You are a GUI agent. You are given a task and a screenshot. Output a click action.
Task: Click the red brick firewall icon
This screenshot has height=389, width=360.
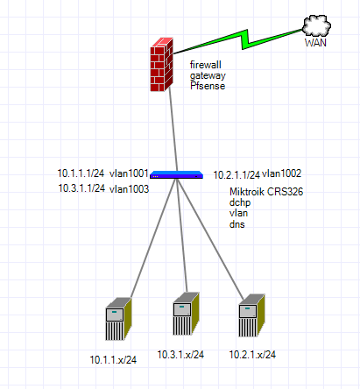tap(162, 65)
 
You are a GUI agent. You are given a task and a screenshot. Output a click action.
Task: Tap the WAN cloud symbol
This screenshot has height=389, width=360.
tap(317, 25)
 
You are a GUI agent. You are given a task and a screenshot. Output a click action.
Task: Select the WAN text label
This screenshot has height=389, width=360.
tap(315, 43)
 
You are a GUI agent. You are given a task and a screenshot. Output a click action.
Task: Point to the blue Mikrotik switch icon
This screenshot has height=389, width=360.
tap(176, 174)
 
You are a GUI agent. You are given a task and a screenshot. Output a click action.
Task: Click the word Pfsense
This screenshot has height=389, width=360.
tap(208, 86)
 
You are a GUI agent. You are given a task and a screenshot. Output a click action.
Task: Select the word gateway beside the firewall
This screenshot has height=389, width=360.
tap(208, 75)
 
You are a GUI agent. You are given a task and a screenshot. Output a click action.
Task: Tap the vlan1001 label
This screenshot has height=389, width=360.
tap(129, 173)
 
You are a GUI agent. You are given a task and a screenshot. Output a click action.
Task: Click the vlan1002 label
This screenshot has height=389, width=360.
tap(281, 173)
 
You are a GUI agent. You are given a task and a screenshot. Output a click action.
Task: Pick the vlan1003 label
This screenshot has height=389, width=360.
tap(129, 189)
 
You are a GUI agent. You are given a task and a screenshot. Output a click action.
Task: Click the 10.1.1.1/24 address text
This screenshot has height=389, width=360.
tap(81, 173)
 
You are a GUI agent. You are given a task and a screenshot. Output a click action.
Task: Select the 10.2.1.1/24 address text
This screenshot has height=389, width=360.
tap(236, 175)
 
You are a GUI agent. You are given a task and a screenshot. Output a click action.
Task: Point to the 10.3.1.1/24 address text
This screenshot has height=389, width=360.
tap(81, 188)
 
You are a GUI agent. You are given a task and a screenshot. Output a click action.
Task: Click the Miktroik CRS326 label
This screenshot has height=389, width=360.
tap(266, 192)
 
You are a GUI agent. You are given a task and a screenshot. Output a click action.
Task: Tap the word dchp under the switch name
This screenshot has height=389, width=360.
tap(240, 202)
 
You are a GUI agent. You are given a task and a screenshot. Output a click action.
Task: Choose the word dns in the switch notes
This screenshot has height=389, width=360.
tap(236, 224)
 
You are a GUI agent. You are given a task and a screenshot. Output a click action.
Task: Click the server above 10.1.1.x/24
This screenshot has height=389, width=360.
tap(118, 319)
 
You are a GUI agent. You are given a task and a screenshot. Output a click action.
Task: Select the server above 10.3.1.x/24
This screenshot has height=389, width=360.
tap(186, 314)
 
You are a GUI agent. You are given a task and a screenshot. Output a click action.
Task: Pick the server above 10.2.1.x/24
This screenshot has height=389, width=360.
tap(251, 315)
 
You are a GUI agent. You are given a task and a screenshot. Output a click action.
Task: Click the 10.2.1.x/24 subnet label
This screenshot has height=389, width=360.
tap(252, 355)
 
